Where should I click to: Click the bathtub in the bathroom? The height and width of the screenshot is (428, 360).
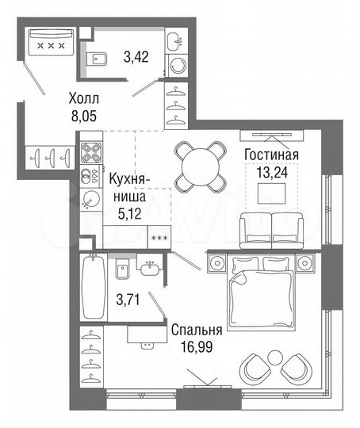[x=94, y=288]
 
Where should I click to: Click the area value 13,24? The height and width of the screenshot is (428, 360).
[x=271, y=172]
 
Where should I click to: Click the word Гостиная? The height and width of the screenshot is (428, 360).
[x=271, y=155]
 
